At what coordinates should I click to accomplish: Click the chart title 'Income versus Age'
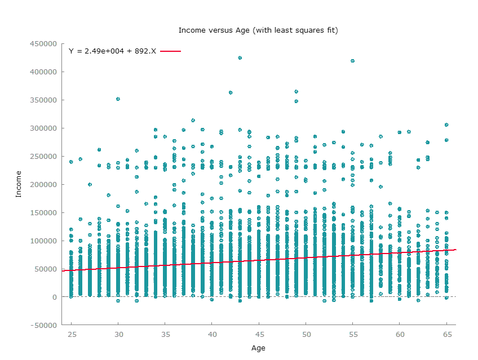tap(258, 30)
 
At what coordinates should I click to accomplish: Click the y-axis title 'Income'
tap(18, 184)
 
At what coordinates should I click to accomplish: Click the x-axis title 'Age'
tap(258, 348)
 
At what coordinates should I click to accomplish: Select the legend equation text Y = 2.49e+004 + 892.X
tap(112, 51)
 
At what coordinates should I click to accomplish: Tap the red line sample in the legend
tap(170, 51)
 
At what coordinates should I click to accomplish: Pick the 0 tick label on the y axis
tap(55, 297)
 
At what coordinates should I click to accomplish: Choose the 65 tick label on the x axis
tap(446, 334)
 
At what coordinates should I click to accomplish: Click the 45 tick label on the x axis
tap(259, 334)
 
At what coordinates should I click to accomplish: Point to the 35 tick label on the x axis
tap(165, 334)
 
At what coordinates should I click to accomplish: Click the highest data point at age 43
tap(240, 58)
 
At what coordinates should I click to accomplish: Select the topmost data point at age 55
tap(352, 61)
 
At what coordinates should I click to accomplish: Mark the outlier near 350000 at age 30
tap(118, 99)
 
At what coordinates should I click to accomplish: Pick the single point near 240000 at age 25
tap(71, 162)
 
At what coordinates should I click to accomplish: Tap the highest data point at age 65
tap(446, 125)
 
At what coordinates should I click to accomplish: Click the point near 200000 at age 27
tap(90, 184)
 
